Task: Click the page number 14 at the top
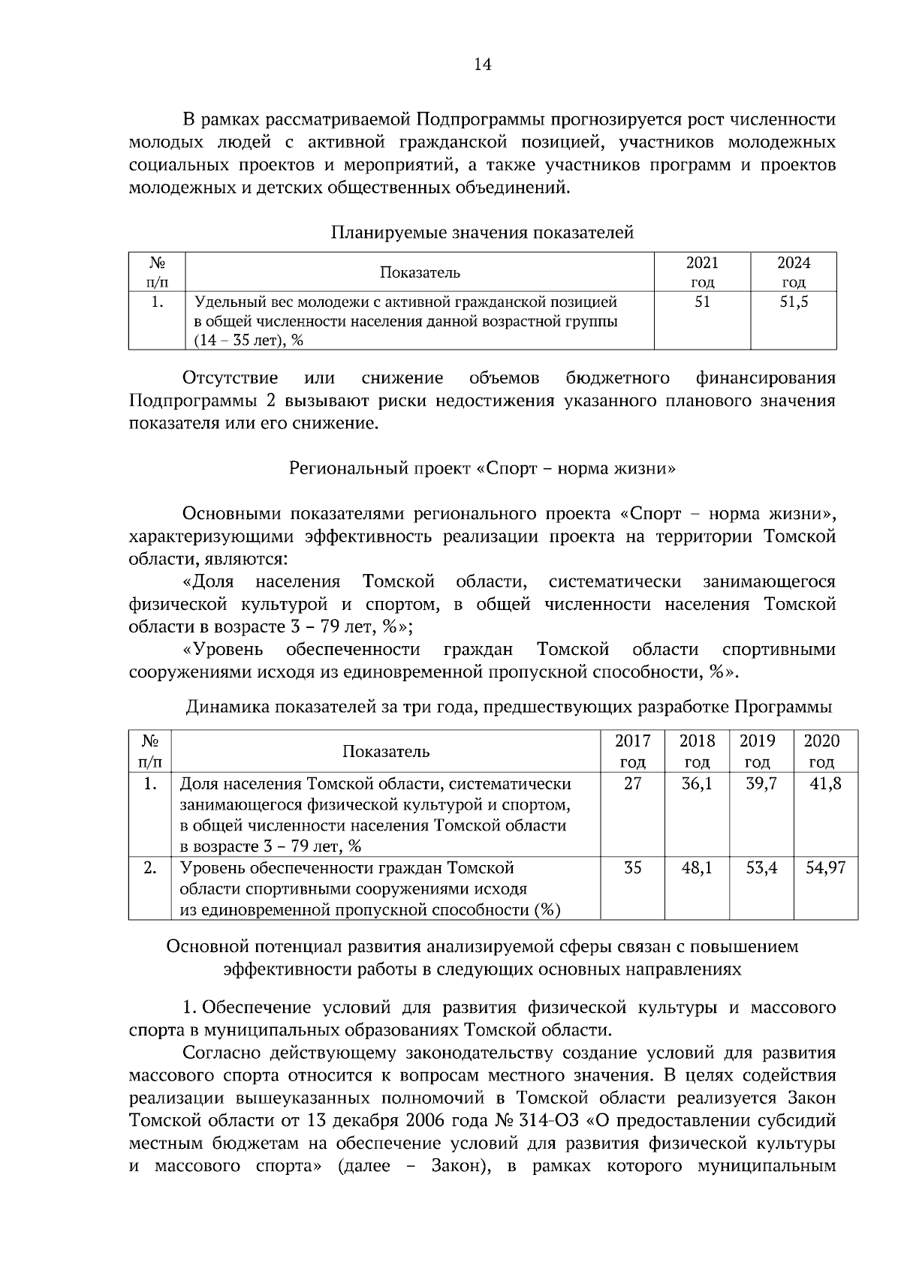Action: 483,65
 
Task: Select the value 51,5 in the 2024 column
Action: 794,302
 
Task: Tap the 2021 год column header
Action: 702,272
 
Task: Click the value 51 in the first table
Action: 702,302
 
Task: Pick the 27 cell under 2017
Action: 633,784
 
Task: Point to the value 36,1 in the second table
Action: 697,784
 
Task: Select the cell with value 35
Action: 633,868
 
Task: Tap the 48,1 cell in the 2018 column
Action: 697,868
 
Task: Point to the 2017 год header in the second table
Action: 633,751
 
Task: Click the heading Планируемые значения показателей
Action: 483,233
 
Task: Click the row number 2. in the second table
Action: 150,868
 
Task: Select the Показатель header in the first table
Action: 420,272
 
